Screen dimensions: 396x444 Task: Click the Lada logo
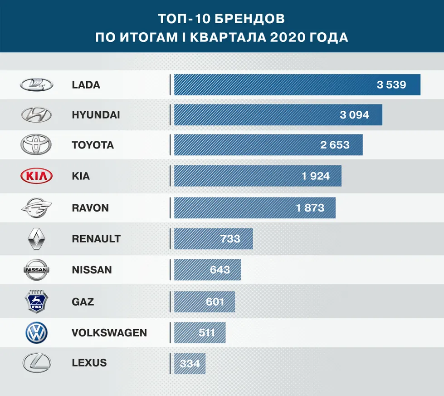(x=36, y=84)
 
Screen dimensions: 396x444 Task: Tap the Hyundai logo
(x=36, y=115)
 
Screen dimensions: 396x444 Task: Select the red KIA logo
(x=36, y=176)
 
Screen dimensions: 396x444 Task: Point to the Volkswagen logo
(x=36, y=333)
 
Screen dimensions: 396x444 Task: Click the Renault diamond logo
(x=36, y=238)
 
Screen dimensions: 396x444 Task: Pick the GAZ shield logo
(x=36, y=301)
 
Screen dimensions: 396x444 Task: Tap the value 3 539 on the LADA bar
(x=391, y=85)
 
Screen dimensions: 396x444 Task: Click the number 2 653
(x=335, y=145)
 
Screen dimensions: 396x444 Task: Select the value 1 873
(x=310, y=208)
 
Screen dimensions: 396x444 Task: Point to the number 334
(x=190, y=364)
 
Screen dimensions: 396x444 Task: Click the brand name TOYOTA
(x=93, y=145)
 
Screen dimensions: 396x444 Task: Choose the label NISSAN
(x=92, y=270)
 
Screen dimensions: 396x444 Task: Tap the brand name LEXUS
(x=89, y=363)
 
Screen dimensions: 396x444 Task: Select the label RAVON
(x=90, y=208)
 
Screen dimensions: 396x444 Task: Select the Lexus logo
(x=36, y=363)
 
